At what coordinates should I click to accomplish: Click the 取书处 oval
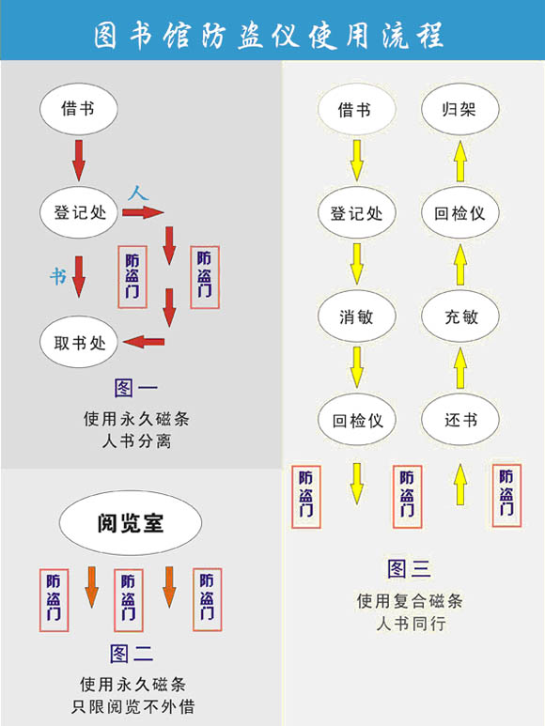coord(79,342)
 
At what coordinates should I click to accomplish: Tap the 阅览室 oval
coord(131,523)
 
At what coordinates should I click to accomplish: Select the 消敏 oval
coord(356,317)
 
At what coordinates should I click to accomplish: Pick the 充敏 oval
coord(460,317)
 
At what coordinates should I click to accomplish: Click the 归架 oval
coord(460,109)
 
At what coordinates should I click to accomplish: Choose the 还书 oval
coord(460,420)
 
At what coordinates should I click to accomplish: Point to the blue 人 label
coord(138,193)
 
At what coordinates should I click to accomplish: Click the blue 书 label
coord(58,276)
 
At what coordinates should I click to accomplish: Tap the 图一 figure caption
coord(136,388)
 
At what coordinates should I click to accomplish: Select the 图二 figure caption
coord(132,654)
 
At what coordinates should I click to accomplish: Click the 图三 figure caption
coord(409,568)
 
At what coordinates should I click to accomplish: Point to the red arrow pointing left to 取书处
coord(144,342)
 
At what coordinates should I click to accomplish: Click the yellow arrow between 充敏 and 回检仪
coord(460,265)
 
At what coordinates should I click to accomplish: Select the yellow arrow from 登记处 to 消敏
coord(356,264)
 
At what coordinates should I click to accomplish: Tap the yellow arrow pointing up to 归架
coord(460,162)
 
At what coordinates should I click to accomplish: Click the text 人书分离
coord(136,440)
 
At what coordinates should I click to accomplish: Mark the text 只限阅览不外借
coord(132,706)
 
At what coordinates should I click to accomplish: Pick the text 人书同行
coord(411,624)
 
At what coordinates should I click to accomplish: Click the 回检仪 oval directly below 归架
coord(460,213)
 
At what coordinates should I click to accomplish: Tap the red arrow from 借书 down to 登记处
coord(79,161)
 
